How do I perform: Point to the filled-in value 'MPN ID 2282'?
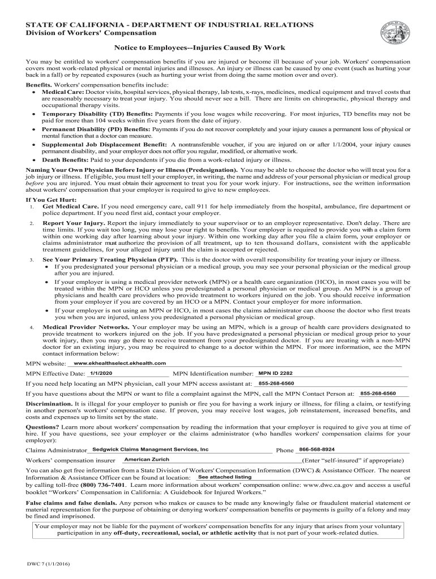(x=275, y=373)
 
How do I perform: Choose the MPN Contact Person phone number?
(x=378, y=393)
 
